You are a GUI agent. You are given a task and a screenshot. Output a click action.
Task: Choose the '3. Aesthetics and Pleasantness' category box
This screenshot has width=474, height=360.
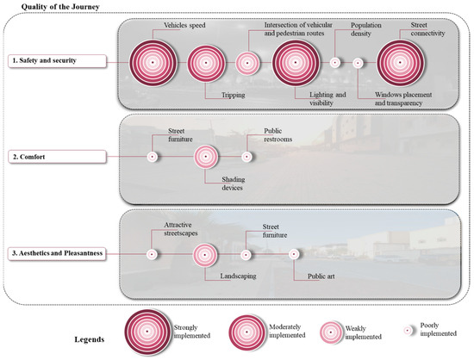59,254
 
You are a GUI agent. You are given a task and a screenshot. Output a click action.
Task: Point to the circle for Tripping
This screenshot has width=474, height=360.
205,62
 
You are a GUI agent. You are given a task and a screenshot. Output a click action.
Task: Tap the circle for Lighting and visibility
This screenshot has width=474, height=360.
297,62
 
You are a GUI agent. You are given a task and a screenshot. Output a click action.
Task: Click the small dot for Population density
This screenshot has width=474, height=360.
334,62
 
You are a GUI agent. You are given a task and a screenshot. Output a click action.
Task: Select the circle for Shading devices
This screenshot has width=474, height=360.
205,157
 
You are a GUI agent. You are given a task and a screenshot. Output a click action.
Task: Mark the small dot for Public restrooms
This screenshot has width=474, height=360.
247,157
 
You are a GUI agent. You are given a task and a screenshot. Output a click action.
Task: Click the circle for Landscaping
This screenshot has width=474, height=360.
205,254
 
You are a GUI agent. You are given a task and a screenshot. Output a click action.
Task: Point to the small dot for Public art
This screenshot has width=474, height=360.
294,254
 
